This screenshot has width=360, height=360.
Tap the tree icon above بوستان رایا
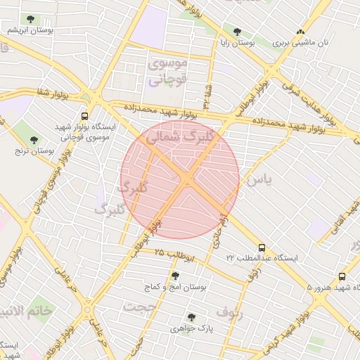[x=237, y=32]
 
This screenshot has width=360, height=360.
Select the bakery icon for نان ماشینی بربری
[x=301, y=32]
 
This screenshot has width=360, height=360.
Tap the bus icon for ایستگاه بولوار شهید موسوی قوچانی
[x=85, y=116]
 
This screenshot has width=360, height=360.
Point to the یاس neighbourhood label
[x=257, y=181]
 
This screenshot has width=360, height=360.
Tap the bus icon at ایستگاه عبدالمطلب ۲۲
[x=262, y=247]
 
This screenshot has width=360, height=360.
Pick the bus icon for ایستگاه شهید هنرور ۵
[x=342, y=276]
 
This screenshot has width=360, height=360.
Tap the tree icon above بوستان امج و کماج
[x=174, y=276]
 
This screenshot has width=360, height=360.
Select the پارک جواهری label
[x=200, y=328]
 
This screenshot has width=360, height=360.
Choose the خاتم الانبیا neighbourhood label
[x=27, y=311]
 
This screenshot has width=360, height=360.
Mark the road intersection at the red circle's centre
[x=187, y=180]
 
